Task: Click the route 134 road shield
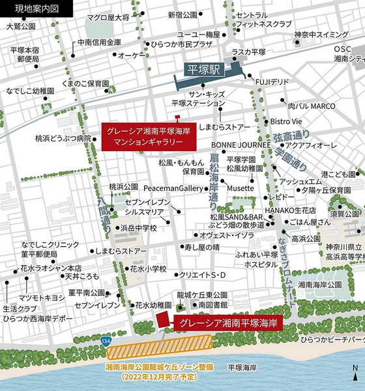(105, 341)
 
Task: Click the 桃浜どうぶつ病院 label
(63, 138)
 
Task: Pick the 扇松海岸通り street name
(212, 177)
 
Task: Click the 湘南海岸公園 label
(320, 285)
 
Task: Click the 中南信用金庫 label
(99, 42)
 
